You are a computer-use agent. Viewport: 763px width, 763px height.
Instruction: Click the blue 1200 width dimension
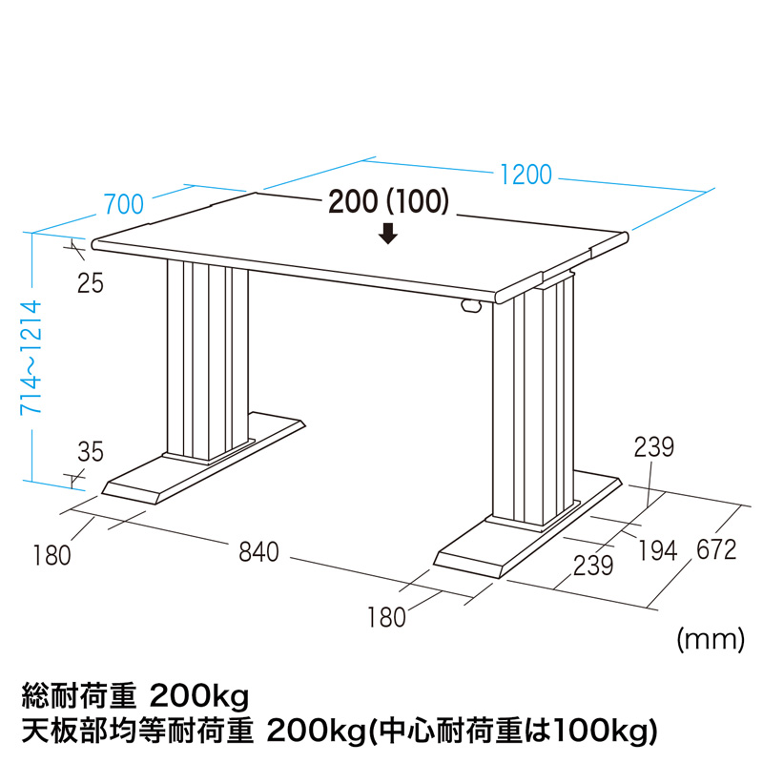(526, 175)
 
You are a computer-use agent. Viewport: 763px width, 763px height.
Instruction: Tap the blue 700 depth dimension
(124, 204)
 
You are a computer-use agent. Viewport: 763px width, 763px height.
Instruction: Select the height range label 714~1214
(31, 358)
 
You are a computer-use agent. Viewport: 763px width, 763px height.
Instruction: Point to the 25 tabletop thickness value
(91, 282)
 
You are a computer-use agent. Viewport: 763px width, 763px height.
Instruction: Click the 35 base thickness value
(91, 451)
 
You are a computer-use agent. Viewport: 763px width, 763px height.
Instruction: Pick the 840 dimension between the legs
(258, 552)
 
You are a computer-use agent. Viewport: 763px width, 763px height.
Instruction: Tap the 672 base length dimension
(716, 550)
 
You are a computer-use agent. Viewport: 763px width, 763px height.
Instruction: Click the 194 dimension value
(657, 551)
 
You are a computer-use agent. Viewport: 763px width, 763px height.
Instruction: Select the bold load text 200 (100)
(388, 201)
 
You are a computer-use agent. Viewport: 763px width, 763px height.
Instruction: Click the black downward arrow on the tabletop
(388, 234)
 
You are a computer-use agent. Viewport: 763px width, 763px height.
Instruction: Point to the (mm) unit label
(711, 639)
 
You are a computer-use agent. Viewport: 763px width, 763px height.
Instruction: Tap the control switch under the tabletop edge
(470, 305)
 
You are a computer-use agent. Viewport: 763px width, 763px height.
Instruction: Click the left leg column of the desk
(207, 361)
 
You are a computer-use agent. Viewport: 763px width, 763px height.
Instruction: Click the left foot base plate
(203, 458)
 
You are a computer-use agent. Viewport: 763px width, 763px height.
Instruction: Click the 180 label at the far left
(52, 555)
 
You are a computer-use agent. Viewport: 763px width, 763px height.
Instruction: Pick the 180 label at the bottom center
(386, 617)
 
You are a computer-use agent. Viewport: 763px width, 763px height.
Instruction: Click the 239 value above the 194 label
(653, 446)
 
